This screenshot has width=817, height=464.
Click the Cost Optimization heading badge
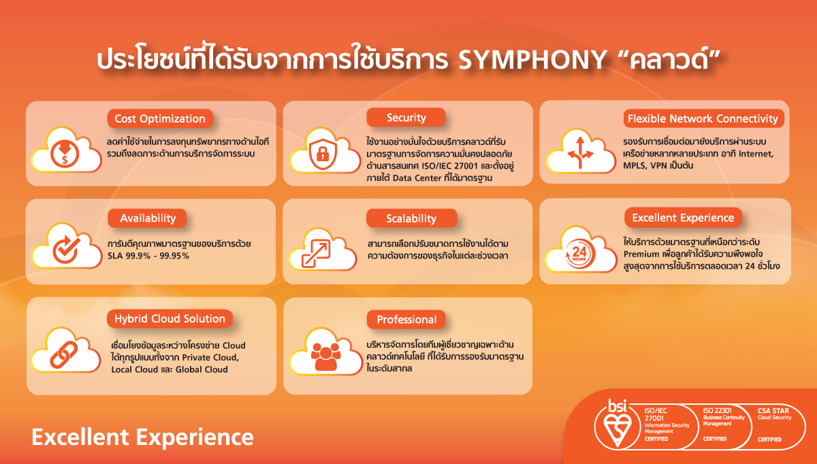coord(160,118)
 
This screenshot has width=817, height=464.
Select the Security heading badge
coord(406,118)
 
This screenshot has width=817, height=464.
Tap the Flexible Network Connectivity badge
coord(703,118)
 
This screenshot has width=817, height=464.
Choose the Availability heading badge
coord(147,218)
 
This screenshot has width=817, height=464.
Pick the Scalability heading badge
coord(411,218)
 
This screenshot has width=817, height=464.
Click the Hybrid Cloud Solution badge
coord(170,318)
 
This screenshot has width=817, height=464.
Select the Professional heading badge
coord(406,319)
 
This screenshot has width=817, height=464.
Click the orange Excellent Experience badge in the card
coord(683,218)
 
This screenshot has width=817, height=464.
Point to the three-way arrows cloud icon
coord(581,151)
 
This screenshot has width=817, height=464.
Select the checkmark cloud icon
coord(67,246)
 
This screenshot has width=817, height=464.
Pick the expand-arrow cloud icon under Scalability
coord(323,249)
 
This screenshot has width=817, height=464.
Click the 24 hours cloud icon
coord(581,249)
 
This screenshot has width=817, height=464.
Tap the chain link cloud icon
coord(65,350)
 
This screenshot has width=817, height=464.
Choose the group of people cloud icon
coord(325,352)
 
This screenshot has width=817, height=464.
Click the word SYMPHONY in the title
coord(532,59)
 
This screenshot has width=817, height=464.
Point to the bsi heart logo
coord(617,424)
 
